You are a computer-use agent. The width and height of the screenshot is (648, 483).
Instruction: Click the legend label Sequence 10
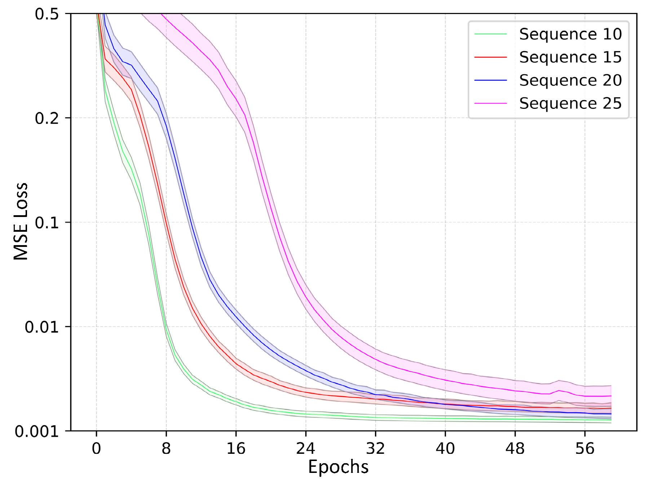570,34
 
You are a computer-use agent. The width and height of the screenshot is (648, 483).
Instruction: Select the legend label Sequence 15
570,57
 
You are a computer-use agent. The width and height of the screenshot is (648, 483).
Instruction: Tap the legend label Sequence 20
570,80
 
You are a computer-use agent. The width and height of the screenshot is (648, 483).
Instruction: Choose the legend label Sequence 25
570,103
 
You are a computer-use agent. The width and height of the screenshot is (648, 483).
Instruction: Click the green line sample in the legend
490,34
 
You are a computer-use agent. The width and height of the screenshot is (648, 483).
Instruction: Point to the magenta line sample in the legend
490,103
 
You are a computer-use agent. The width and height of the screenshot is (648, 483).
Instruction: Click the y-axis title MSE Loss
21,221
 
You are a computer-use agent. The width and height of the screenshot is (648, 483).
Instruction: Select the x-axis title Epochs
338,467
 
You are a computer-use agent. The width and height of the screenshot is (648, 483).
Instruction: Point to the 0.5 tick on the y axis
47,14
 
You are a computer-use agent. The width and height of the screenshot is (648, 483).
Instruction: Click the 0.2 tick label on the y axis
47,118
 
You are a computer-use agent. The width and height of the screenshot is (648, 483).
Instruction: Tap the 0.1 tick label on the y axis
47,223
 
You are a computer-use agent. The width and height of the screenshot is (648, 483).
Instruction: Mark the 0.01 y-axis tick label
41,327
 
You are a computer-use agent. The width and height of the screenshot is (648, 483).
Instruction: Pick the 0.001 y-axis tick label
36,431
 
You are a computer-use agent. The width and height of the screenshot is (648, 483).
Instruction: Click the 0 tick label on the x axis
96,449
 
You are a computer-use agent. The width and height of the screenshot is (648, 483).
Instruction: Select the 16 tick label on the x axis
236,449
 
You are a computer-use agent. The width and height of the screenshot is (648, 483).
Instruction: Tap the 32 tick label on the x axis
375,449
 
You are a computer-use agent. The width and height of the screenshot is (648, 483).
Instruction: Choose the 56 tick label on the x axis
585,449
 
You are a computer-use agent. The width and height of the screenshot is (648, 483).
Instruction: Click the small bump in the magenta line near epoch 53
559,390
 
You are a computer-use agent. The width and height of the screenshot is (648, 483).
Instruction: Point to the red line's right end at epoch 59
611,408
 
